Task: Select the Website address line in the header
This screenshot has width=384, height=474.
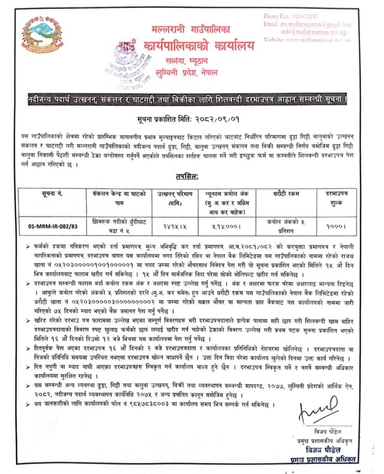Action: (x=308, y=39)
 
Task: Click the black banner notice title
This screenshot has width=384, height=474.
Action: (x=192, y=98)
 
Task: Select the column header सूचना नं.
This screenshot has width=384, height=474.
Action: (x=53, y=194)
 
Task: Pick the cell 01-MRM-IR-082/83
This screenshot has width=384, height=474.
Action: (x=53, y=226)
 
